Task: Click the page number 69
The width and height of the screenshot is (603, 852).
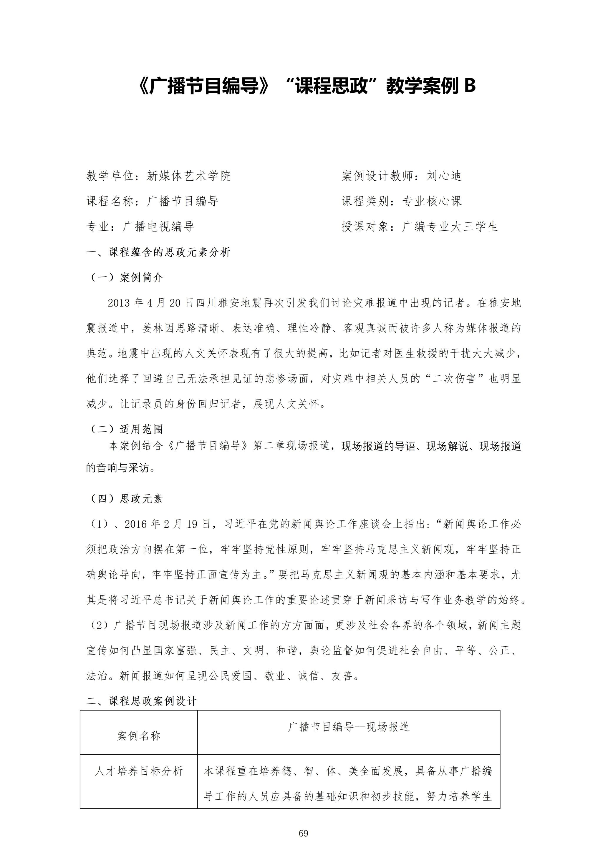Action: tap(303, 833)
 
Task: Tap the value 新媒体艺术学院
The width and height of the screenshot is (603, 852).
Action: tap(189, 176)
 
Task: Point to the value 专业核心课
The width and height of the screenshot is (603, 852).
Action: tap(432, 201)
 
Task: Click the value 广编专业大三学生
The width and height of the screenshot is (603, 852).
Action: tap(450, 226)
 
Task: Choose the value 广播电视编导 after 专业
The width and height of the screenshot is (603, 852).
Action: tap(158, 226)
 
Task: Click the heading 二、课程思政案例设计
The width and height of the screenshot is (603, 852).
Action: tap(141, 701)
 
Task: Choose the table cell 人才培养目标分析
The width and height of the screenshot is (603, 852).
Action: tap(139, 771)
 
